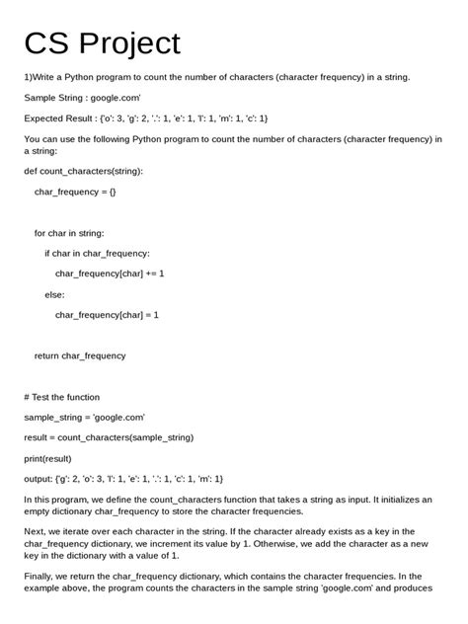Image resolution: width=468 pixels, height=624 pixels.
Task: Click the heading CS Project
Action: point(103,43)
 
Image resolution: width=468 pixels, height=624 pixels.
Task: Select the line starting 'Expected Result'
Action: point(146,118)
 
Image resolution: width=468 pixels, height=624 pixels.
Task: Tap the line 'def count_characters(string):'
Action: point(83,171)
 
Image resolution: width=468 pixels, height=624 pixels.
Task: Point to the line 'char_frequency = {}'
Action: point(75,192)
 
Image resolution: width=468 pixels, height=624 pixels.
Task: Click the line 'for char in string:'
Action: point(68,233)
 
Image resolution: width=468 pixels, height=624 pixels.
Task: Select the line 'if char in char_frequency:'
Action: point(97,253)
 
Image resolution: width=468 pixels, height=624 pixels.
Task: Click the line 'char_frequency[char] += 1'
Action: point(110,273)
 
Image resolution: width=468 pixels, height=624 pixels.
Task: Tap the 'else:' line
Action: point(54,294)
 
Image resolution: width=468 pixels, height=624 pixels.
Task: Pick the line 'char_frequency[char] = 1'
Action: point(107,315)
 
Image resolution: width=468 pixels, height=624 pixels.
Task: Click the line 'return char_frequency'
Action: point(80,355)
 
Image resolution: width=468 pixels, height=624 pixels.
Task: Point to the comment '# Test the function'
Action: point(62,397)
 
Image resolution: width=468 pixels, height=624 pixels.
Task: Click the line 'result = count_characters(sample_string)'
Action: point(109,437)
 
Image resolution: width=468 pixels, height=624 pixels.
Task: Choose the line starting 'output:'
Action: point(123,479)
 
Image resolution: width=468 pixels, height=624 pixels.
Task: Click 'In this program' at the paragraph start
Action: point(55,500)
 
